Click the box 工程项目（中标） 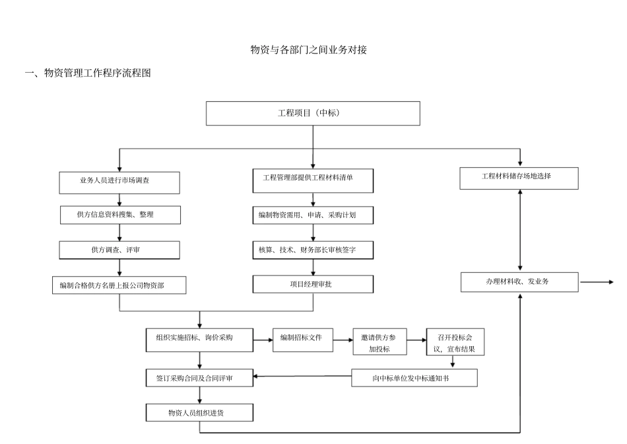[x=313, y=113]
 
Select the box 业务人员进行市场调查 [x=119, y=182]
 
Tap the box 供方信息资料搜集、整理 [x=119, y=215]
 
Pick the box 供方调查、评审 [x=119, y=250]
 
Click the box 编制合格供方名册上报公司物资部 [x=119, y=285]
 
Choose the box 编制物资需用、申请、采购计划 [x=313, y=215]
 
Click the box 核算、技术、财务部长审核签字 [x=313, y=250]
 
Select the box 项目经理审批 [x=313, y=284]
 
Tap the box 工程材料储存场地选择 [x=519, y=178]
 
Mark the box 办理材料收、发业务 [x=519, y=281]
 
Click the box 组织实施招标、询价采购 [x=199, y=338]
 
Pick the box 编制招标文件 [x=302, y=338]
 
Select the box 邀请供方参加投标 [x=379, y=342]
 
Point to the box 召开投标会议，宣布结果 [x=455, y=342]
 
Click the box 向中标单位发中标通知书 [x=414, y=377]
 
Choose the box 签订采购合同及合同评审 [x=199, y=378]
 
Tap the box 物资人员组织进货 [x=199, y=413]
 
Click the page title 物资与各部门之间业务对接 [x=308, y=50]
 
